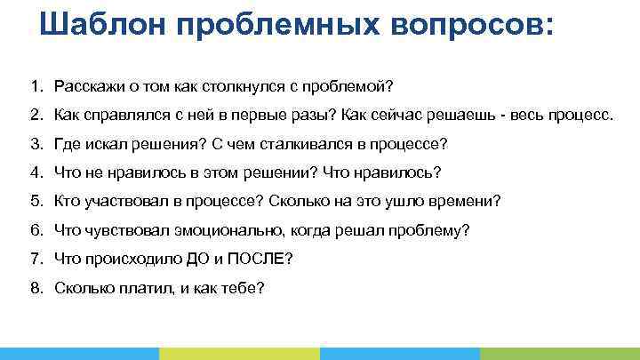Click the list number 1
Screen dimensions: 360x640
[x=34, y=88]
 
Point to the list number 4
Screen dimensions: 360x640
[x=34, y=172]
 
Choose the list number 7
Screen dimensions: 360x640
[x=34, y=259]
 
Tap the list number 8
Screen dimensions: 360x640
[x=34, y=287]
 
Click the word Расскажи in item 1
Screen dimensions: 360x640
[x=87, y=88]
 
